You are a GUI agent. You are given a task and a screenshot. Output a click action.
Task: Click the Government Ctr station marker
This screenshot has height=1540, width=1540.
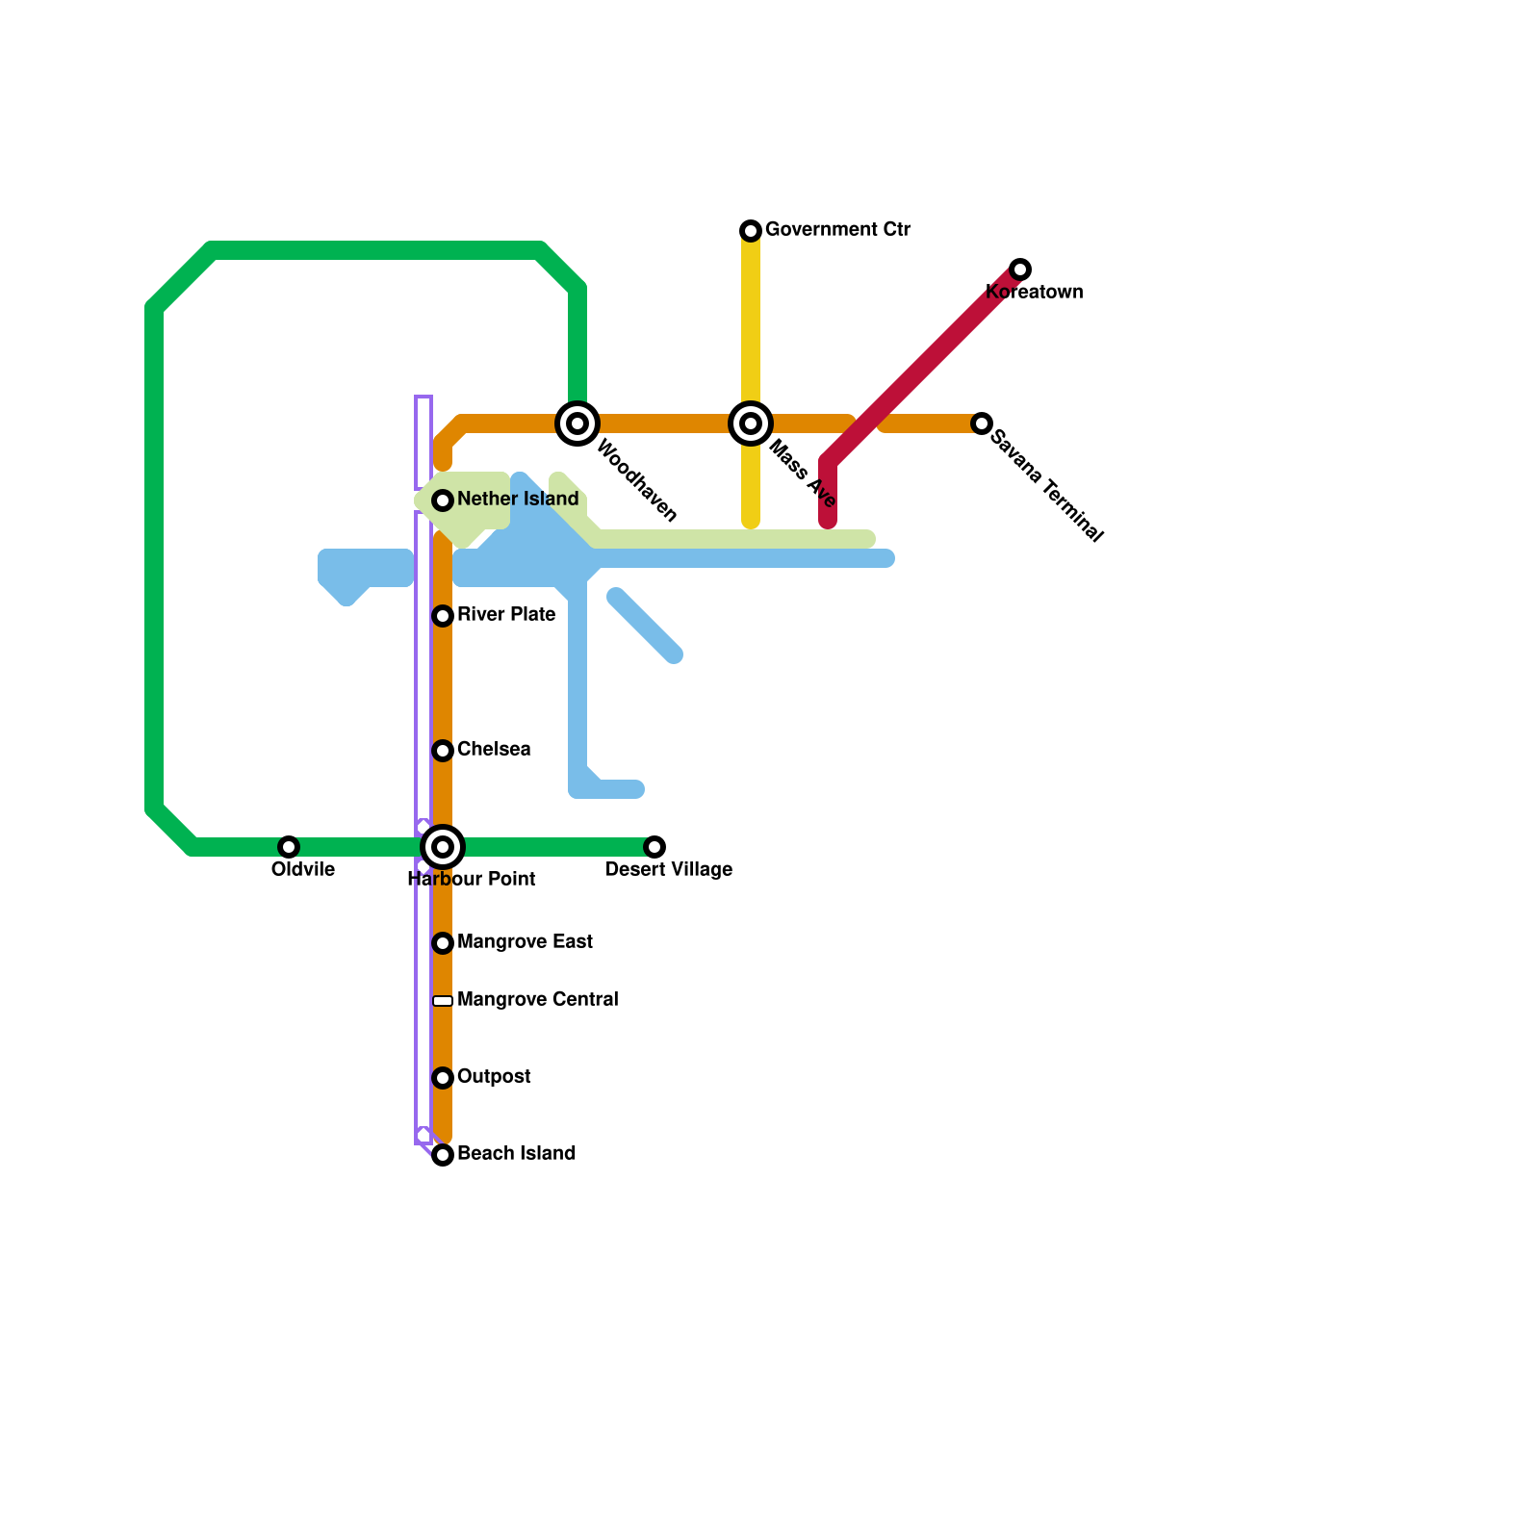751,231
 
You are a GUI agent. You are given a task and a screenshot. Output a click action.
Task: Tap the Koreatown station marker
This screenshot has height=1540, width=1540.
1020,269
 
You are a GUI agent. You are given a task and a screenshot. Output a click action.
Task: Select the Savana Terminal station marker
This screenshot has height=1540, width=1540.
982,423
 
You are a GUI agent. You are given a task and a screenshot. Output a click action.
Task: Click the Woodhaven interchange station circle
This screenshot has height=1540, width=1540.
577,423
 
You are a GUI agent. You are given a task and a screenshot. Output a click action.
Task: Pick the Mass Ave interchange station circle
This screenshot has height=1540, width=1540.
751,423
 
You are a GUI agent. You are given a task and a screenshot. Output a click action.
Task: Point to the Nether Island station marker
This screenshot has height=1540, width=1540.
443,500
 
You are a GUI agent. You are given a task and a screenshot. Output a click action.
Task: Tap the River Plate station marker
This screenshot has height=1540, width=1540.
443,616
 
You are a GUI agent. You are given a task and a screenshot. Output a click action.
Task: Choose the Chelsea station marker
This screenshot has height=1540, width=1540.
443,751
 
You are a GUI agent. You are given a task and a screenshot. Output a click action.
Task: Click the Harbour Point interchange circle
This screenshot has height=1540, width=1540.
443,847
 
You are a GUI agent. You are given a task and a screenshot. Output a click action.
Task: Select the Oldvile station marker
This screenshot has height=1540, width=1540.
289,847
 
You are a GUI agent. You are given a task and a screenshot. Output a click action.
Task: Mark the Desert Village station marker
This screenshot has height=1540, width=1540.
654,847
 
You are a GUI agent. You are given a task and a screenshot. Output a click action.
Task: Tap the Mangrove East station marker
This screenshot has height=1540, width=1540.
443,943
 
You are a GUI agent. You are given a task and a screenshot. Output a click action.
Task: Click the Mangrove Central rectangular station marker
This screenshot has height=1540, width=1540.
443,1001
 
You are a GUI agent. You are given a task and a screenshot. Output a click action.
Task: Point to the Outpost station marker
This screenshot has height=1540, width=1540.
443,1078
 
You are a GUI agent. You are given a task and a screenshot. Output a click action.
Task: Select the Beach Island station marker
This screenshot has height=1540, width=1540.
443,1155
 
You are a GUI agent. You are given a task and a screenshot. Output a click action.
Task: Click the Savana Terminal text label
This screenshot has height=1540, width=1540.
1046,486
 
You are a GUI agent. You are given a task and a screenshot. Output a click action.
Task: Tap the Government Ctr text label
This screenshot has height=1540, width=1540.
837,230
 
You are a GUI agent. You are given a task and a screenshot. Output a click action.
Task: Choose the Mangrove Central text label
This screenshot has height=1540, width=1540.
537,1000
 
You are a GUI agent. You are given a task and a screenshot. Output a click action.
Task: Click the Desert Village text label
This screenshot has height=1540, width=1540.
669,870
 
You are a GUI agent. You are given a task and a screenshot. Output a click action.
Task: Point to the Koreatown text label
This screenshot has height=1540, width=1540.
1035,293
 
